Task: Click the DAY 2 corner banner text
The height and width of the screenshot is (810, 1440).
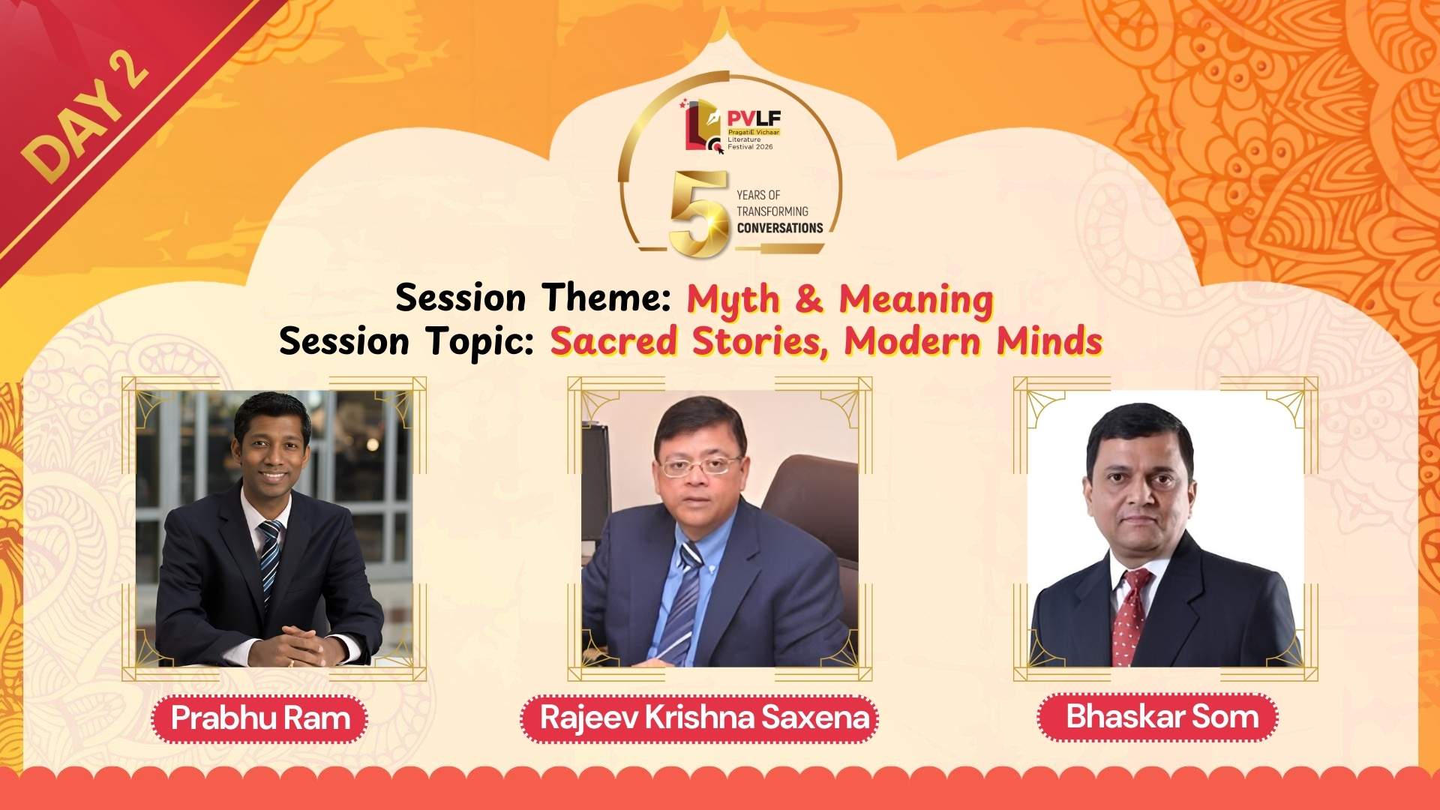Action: coord(85,118)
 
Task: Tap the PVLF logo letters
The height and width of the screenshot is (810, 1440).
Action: coord(754,118)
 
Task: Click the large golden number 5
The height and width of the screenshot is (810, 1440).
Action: coord(699,214)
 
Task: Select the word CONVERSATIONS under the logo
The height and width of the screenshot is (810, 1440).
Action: coord(780,228)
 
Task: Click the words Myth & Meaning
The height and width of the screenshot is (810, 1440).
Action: coord(841,299)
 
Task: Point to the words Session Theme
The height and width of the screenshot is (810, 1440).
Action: coord(533,298)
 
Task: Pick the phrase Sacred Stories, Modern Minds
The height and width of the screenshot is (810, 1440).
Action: coord(826,342)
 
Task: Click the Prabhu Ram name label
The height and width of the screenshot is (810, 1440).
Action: coord(260,718)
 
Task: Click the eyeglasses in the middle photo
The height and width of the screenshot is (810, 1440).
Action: coord(700,466)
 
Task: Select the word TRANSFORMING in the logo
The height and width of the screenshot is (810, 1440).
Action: coord(772,211)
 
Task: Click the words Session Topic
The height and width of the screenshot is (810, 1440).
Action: coord(406,342)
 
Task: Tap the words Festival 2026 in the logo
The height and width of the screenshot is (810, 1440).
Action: coord(750,147)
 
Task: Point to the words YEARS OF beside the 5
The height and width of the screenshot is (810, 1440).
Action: coord(758,195)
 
